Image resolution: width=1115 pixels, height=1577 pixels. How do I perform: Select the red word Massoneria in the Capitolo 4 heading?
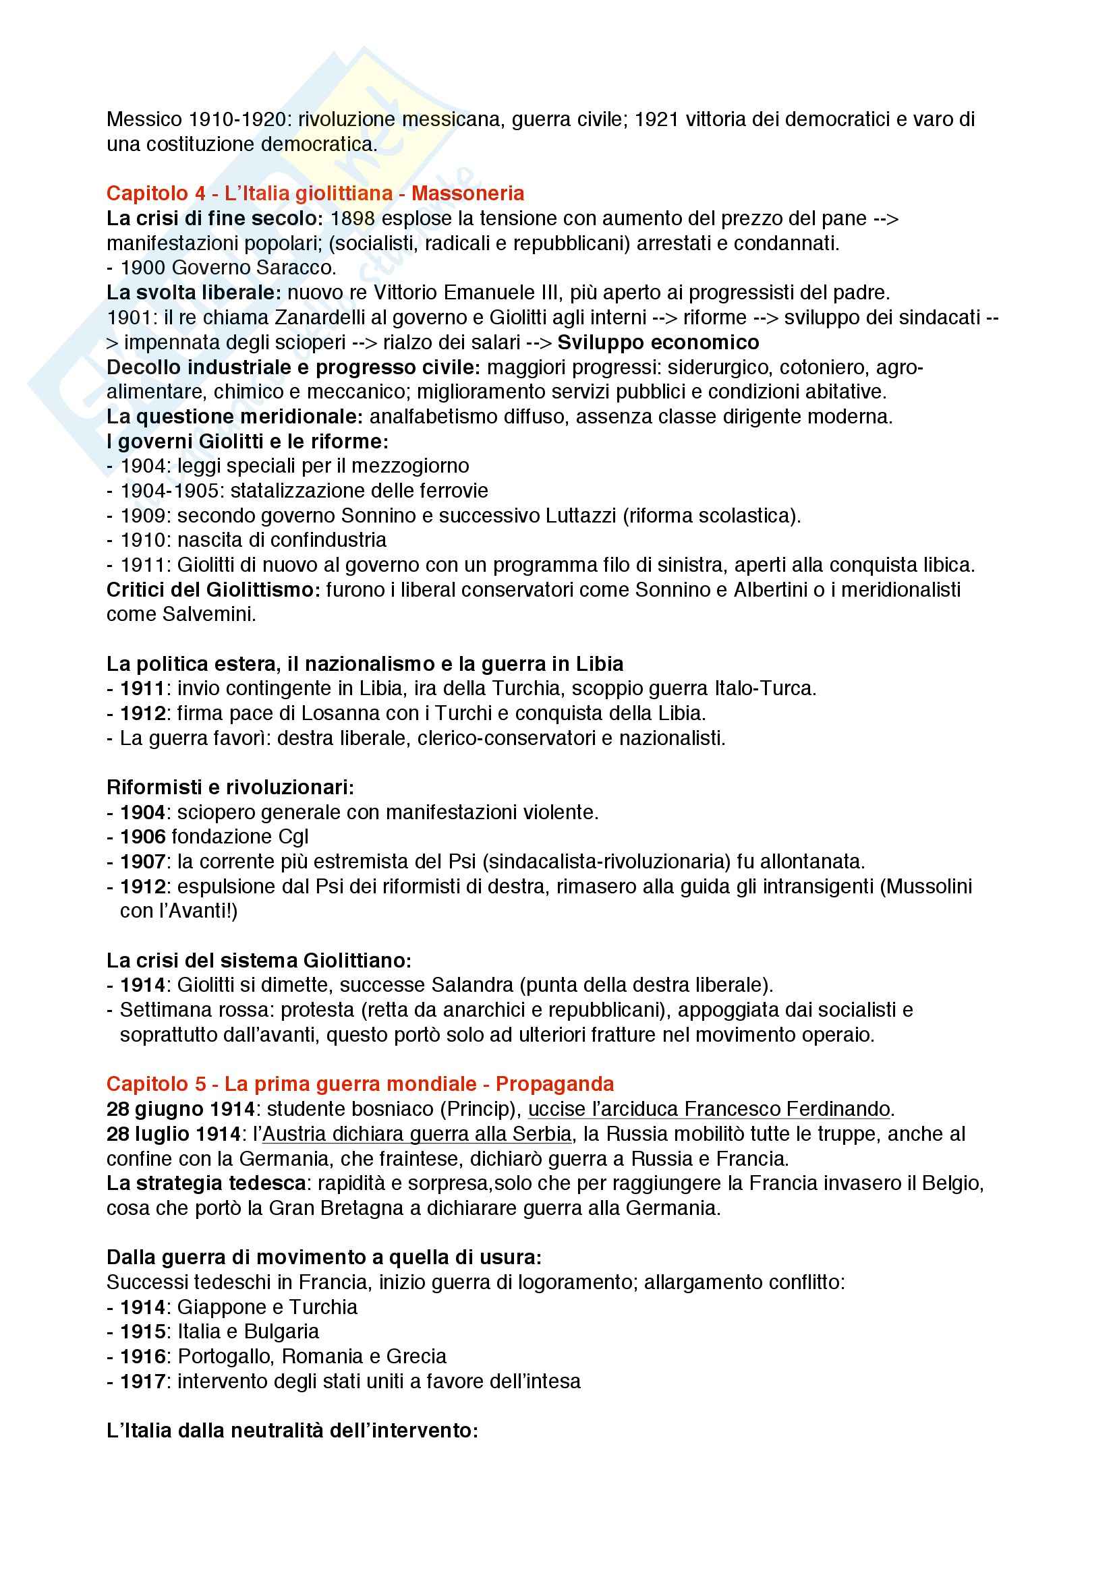point(468,194)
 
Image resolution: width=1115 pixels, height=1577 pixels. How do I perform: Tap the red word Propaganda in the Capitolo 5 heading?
point(554,1084)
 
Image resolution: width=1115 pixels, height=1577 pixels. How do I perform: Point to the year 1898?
point(352,218)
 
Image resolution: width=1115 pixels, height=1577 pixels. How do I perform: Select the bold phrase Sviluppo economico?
point(658,342)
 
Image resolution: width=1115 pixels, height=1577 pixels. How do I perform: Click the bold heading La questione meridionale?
point(234,416)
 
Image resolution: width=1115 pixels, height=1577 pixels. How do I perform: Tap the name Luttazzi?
point(581,515)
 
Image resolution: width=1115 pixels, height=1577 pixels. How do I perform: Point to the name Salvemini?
point(208,614)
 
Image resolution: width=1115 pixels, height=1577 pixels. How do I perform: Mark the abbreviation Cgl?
point(293,837)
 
